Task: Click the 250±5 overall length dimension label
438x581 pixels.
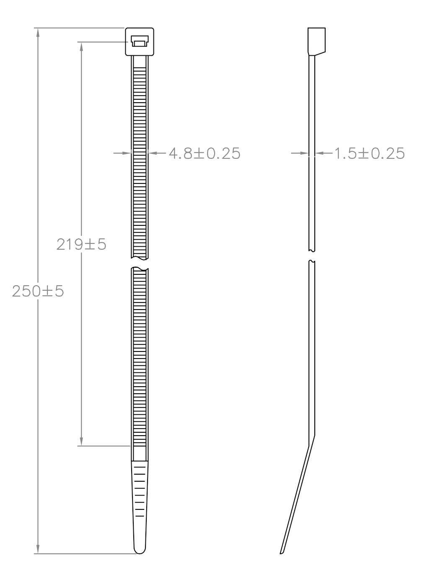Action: [38, 291]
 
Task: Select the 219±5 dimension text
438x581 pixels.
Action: [81, 244]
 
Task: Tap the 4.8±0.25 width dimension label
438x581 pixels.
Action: [205, 153]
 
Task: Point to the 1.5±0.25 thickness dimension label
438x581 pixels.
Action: [369, 153]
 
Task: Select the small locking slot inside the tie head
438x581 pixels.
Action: [139, 41]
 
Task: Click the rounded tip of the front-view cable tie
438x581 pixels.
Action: [140, 550]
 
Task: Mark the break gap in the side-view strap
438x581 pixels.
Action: [311, 256]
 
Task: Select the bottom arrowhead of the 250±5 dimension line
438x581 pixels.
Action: [38, 549]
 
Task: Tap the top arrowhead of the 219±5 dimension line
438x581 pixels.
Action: [82, 46]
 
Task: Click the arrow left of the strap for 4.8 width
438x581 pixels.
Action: [126, 153]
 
